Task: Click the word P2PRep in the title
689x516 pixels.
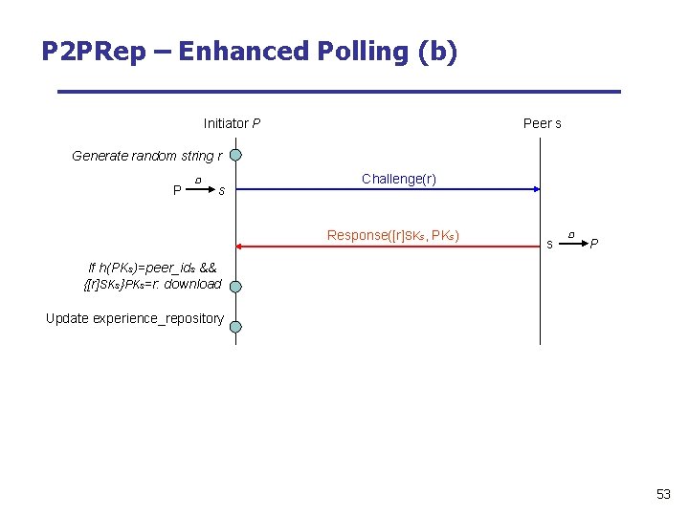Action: (x=94, y=51)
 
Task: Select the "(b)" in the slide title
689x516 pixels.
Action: (x=438, y=51)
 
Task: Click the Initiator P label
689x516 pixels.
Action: (x=232, y=123)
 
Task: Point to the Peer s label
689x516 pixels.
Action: (x=543, y=123)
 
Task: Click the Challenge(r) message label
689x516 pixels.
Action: (x=399, y=179)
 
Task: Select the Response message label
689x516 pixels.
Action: (x=393, y=235)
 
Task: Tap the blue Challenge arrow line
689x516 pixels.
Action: (x=383, y=189)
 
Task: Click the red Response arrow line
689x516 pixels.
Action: (x=383, y=247)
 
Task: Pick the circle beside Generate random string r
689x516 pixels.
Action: (x=235, y=155)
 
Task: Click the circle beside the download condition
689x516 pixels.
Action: (x=235, y=286)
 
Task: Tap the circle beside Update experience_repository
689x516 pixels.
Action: (x=235, y=327)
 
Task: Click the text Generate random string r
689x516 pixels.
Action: (x=147, y=156)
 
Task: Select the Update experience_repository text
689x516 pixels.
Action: (x=135, y=318)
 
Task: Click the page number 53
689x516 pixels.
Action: (x=663, y=494)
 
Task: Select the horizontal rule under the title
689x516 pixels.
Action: (x=339, y=92)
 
